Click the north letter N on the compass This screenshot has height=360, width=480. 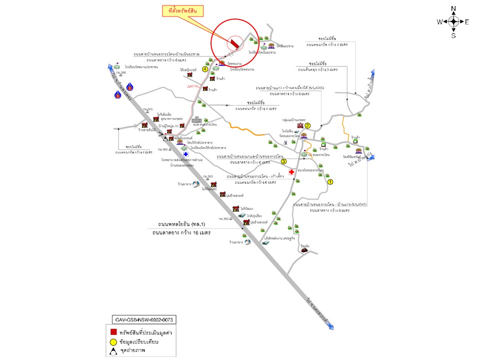tap(453, 8)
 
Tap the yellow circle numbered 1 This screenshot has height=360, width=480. tap(330, 182)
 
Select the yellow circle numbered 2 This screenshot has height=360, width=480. tap(308, 126)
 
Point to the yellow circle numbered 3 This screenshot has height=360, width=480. tap(283, 161)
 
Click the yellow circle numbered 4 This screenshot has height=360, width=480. tap(205, 69)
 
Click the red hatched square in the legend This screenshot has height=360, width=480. tap(114, 331)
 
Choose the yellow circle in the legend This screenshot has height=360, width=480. tap(114, 342)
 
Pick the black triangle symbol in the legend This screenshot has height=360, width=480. tap(114, 351)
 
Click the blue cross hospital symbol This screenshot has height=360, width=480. tap(186, 155)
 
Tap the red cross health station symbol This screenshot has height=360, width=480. tap(291, 171)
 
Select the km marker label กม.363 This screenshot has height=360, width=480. tap(208, 176)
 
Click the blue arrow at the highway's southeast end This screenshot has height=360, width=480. tap(331, 327)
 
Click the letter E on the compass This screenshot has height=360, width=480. tap(466, 21)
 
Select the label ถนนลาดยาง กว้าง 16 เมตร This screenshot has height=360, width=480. tap(182, 233)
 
